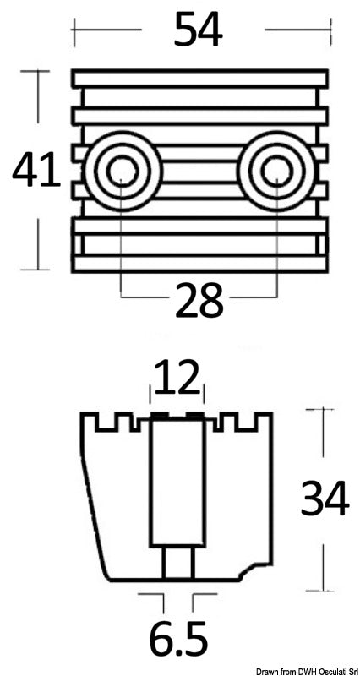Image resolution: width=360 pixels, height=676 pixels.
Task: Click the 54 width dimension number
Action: [x=198, y=31]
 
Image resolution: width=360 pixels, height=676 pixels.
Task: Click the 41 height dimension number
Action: [x=36, y=172]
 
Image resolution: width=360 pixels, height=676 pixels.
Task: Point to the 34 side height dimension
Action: [x=325, y=499]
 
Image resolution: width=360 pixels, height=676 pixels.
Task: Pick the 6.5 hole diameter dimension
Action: [x=177, y=641]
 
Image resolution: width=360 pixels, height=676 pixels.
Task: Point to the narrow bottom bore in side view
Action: [x=177, y=562]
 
